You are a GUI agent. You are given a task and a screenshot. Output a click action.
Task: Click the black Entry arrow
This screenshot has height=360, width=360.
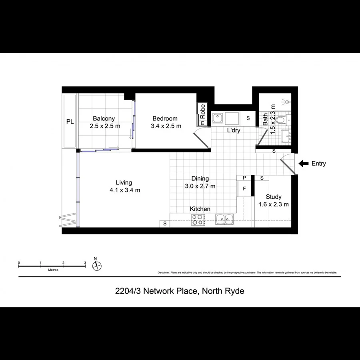(x=304, y=163)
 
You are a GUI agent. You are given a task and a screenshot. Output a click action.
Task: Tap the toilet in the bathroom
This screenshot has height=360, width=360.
(x=282, y=119)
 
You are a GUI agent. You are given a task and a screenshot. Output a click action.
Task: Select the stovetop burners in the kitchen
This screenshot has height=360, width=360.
(x=198, y=220)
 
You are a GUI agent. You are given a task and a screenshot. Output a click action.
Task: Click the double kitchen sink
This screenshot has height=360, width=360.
(x=225, y=219)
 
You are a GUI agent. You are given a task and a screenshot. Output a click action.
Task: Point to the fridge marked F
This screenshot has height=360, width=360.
(x=244, y=189)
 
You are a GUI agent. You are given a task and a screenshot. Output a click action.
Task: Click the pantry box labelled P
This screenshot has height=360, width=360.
(x=244, y=178)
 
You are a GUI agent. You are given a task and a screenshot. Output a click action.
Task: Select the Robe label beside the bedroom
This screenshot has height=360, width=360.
(x=203, y=110)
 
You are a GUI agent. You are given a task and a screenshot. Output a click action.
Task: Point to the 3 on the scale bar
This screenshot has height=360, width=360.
(x=85, y=263)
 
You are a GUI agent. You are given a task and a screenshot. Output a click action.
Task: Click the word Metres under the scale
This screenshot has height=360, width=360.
(x=53, y=270)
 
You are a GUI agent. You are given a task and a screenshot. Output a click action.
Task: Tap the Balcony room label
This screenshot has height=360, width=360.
(x=104, y=118)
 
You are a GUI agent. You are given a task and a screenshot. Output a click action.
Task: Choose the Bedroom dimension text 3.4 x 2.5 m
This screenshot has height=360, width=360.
(x=166, y=126)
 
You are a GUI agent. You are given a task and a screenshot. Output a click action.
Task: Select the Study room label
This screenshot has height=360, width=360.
(x=274, y=197)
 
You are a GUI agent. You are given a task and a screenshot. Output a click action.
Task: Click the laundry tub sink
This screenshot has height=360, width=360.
(x=218, y=118)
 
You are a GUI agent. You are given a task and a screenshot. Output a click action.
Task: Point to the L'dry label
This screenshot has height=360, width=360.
(x=233, y=130)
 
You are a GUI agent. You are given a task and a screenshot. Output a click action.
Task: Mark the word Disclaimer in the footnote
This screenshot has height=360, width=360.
(x=164, y=273)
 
